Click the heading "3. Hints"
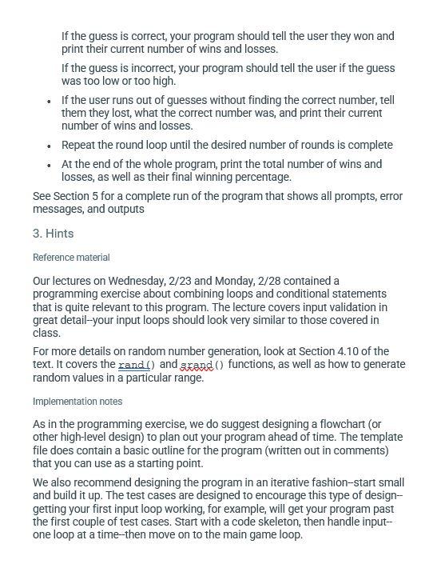tap(53, 234)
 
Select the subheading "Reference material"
tap(71, 258)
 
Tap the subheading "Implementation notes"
tap(77, 401)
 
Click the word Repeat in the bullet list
tap(80, 145)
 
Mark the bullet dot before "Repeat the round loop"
tap(50, 146)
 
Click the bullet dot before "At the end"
tap(50, 165)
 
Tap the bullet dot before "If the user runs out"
tap(50, 101)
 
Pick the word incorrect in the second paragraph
tap(138, 68)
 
